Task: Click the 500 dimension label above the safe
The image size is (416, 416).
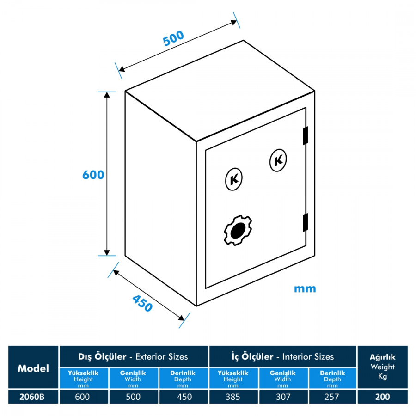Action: [173, 38]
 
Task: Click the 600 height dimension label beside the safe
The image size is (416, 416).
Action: [93, 175]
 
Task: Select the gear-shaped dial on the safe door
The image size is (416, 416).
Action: [237, 230]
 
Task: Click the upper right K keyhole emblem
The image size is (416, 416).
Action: [278, 160]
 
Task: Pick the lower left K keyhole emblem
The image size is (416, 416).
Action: [235, 179]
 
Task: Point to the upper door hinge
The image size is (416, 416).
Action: [305, 135]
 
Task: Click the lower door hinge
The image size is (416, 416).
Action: [305, 222]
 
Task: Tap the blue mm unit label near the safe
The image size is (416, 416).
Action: [305, 289]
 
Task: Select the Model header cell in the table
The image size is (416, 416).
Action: [33, 368]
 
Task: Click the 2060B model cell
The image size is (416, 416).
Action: [33, 397]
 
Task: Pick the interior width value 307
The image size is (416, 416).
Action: [282, 397]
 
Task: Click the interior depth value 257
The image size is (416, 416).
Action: [332, 397]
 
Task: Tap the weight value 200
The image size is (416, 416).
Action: [382, 397]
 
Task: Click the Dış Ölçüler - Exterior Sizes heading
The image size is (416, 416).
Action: [133, 356]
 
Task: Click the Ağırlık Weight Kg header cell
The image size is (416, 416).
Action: [382, 367]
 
